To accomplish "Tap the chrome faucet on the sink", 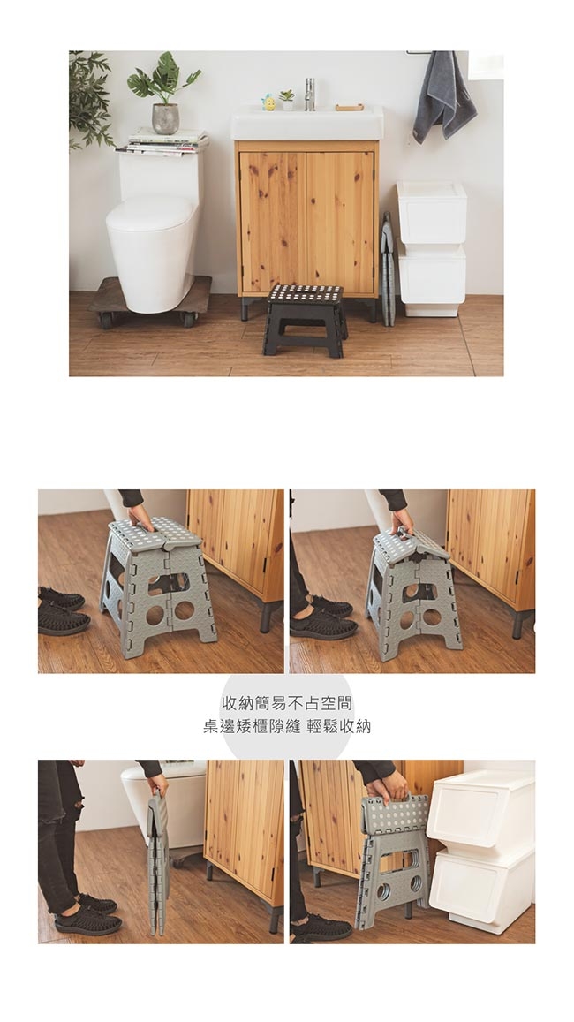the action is pos(309,94).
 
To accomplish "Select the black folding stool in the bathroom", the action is pos(305,320).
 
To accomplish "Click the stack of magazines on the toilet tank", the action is pos(162,143).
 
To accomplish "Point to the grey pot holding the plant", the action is pos(165,118).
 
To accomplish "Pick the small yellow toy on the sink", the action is pos(268,102).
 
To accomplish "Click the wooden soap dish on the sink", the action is pos(350,107).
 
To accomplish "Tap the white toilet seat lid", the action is pos(151,215).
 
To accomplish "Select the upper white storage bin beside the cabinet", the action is pos(431,213).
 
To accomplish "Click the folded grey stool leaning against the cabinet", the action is pos(387,269).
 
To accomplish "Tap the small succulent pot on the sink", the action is pos(287,101).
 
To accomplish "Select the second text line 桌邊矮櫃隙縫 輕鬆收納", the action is pos(287,726).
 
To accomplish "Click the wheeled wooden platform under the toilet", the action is pos(150,299).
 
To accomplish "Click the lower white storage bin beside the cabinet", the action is pos(431,279).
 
